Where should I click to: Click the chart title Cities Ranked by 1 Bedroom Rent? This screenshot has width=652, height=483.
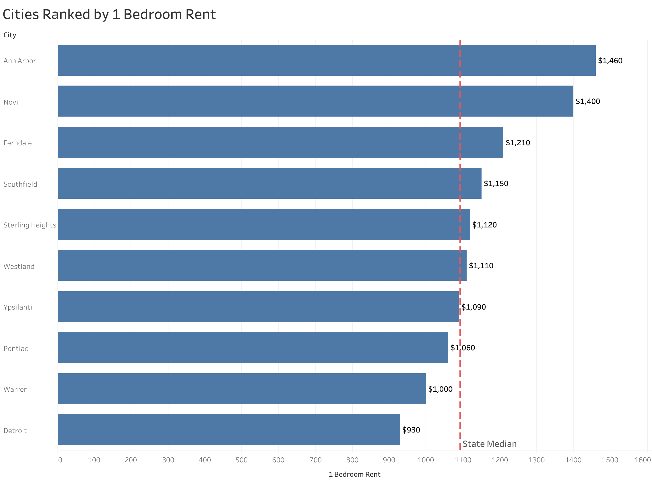(109, 15)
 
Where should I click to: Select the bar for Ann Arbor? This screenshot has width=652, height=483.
(326, 60)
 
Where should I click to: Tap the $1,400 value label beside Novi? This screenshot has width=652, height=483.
(587, 101)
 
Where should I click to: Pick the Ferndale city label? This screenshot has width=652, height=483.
(18, 143)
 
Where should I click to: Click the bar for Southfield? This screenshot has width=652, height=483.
(269, 183)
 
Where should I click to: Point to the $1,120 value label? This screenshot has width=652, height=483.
(484, 225)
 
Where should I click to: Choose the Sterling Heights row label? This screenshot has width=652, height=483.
(30, 225)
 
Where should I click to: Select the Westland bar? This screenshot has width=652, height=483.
(262, 265)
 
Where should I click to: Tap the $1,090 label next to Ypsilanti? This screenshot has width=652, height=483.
(474, 307)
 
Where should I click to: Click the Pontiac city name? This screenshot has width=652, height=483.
(16, 349)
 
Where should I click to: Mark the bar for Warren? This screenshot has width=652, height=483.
(242, 389)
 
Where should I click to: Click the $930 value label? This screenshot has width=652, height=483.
(411, 430)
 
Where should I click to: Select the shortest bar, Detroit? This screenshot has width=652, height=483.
(229, 430)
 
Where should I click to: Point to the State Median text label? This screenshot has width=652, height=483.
(490, 444)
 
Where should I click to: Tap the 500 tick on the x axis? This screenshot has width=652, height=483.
(242, 460)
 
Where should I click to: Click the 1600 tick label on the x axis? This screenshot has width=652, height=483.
(643, 460)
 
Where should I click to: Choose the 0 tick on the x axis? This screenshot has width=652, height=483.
(60, 460)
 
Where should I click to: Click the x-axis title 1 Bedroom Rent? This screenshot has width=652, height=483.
(354, 474)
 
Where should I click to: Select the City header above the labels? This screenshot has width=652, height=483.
(10, 35)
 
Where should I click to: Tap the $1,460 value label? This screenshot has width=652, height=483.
(610, 61)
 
